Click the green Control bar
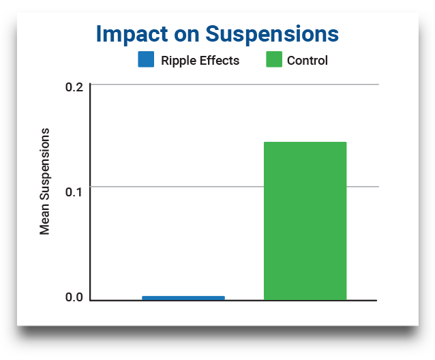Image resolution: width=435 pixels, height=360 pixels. (x=305, y=221)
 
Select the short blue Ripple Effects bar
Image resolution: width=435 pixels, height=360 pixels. (x=183, y=298)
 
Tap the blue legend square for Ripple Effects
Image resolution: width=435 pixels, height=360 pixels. (x=146, y=59)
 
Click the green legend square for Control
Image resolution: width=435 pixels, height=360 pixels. (x=274, y=59)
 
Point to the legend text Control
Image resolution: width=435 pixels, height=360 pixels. (x=307, y=61)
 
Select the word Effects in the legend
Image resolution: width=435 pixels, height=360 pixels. (x=220, y=61)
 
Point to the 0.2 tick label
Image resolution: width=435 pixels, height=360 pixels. (x=74, y=87)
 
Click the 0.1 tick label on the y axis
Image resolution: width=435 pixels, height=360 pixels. (x=74, y=192)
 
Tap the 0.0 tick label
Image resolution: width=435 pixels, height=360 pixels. (x=74, y=297)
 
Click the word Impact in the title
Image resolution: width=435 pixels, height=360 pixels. (x=132, y=35)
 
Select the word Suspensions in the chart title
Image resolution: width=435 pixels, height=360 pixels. (x=272, y=35)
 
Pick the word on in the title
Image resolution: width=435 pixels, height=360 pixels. (x=186, y=35)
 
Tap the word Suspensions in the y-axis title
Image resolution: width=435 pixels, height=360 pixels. (x=45, y=164)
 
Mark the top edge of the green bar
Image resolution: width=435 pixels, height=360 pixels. (x=305, y=142)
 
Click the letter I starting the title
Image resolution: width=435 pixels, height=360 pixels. (x=98, y=34)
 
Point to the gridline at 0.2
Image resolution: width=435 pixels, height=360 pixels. (x=235, y=84)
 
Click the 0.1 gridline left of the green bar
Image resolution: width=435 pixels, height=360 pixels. (x=177, y=187)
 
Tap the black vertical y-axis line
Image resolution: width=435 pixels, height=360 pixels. (x=90, y=192)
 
